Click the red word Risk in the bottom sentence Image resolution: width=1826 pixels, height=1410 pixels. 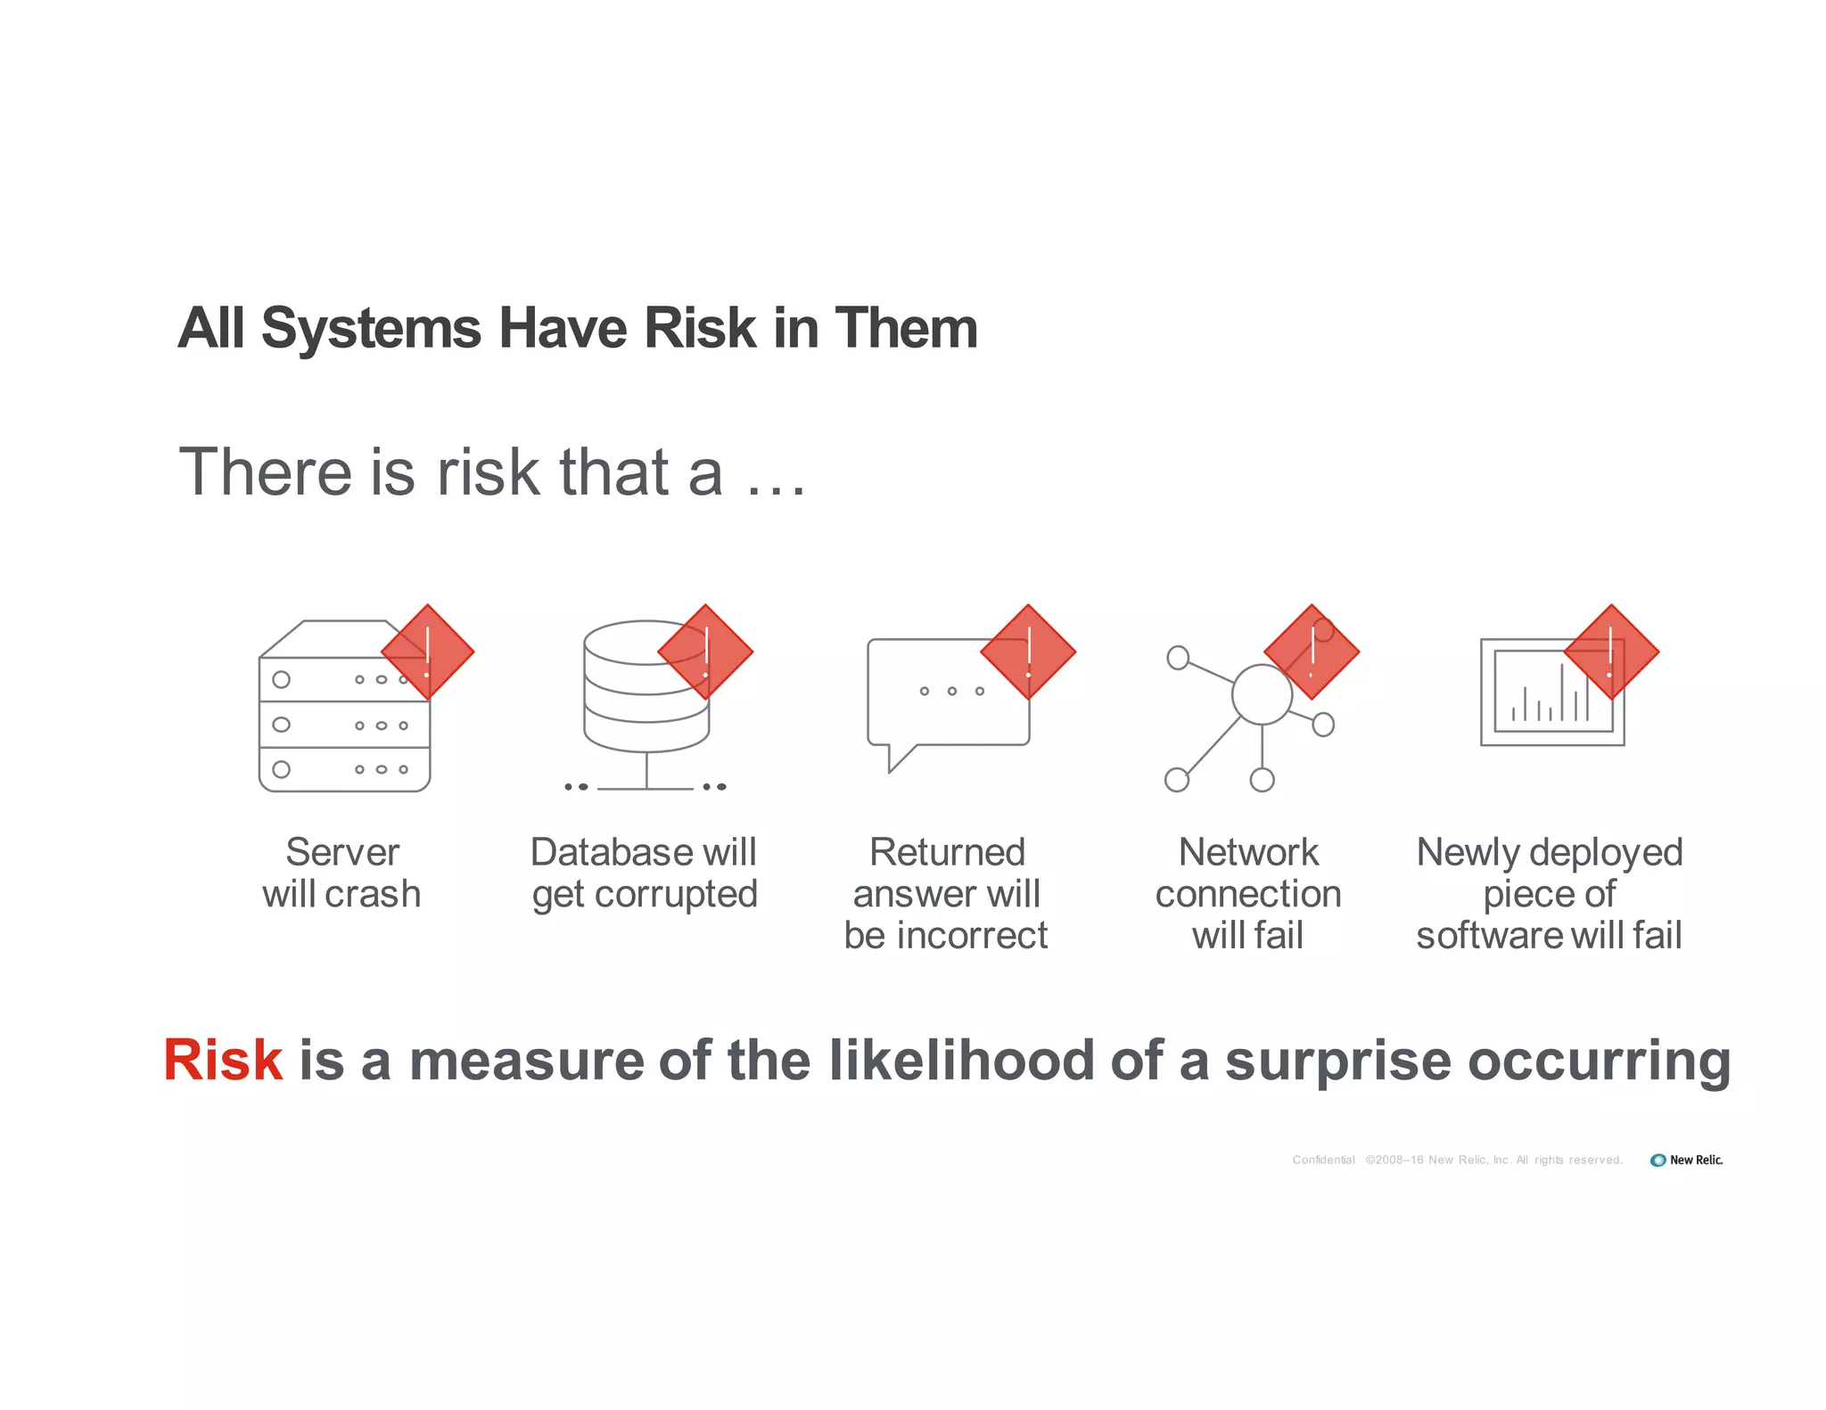(223, 1060)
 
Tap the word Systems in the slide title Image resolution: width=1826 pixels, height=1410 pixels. (371, 328)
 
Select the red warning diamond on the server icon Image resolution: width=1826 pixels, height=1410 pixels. (428, 652)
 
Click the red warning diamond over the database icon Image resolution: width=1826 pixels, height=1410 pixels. (705, 652)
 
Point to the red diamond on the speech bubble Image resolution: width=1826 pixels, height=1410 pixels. (1028, 652)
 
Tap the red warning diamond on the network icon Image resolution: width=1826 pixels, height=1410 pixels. (1312, 652)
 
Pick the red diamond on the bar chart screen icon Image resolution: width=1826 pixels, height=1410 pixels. (1611, 652)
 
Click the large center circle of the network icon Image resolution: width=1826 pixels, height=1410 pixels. (1262, 694)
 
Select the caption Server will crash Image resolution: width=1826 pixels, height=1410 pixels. (341, 873)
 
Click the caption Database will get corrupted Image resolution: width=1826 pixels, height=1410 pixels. (644, 873)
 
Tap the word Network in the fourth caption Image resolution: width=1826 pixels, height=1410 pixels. (1248, 852)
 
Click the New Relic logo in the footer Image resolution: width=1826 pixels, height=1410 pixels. (1686, 1160)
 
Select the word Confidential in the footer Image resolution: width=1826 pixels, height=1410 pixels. (1323, 1160)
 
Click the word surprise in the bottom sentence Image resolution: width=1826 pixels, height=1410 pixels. (1337, 1061)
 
